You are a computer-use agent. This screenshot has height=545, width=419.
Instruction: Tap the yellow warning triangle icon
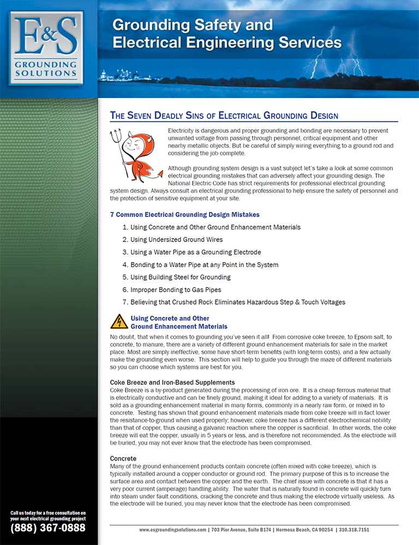point(119,322)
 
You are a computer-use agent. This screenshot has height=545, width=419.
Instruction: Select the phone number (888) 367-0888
point(48,528)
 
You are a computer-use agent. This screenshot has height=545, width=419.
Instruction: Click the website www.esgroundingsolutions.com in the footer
point(172,530)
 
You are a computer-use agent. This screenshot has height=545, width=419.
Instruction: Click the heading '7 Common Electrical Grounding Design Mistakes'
point(184,215)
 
